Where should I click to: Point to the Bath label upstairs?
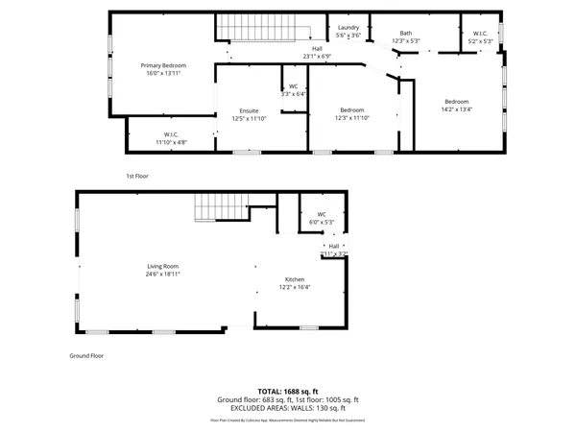tap(406, 34)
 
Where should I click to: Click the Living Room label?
tap(162, 266)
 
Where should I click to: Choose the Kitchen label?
tap(294, 279)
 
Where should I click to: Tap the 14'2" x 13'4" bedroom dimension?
tap(457, 108)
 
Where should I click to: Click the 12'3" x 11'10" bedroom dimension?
tap(351, 117)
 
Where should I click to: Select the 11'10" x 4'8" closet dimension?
tap(171, 141)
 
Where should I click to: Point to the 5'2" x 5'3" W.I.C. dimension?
tap(480, 41)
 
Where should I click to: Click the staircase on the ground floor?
tap(210, 206)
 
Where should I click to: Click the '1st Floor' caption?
tap(138, 176)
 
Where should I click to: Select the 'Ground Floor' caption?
tap(85, 355)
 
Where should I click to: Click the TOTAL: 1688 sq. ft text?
tap(287, 392)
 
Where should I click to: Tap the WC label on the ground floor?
tap(322, 214)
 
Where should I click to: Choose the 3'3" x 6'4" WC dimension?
tap(294, 94)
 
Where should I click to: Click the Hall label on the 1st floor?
tap(317, 48)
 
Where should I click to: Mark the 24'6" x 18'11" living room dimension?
tap(162, 274)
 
